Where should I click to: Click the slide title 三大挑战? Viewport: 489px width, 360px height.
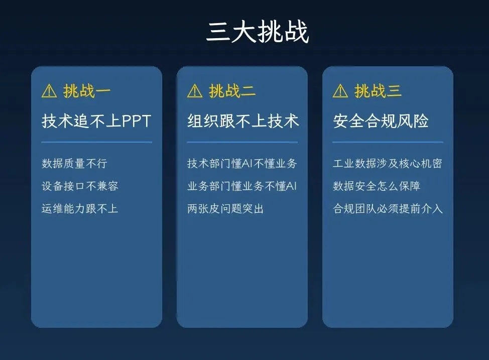(x=258, y=32)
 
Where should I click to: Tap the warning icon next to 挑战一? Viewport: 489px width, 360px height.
(x=49, y=91)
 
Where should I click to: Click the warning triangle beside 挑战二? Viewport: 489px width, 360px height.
(x=195, y=91)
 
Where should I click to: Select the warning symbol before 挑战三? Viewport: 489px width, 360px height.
(x=340, y=91)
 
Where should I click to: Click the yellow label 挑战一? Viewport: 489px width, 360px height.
(x=87, y=91)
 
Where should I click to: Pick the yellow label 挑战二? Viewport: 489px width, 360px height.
(x=232, y=91)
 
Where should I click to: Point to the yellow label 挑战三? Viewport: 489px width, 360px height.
(x=378, y=91)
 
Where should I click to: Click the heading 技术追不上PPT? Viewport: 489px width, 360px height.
(x=96, y=121)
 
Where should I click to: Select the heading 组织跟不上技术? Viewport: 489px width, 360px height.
(x=243, y=121)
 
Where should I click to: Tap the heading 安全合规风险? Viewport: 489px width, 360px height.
(x=381, y=121)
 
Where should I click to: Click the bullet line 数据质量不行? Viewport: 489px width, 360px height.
(x=74, y=164)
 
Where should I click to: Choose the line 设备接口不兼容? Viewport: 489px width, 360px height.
(x=80, y=186)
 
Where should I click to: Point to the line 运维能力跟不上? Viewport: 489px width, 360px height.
(x=80, y=208)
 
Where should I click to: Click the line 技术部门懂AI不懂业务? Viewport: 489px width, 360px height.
(x=242, y=164)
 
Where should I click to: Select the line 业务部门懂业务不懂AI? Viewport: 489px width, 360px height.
(x=242, y=186)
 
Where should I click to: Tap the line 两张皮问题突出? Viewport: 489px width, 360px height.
(x=225, y=208)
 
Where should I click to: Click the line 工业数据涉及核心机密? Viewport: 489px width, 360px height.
(x=387, y=164)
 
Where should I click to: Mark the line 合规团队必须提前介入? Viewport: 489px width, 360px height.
(x=388, y=208)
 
